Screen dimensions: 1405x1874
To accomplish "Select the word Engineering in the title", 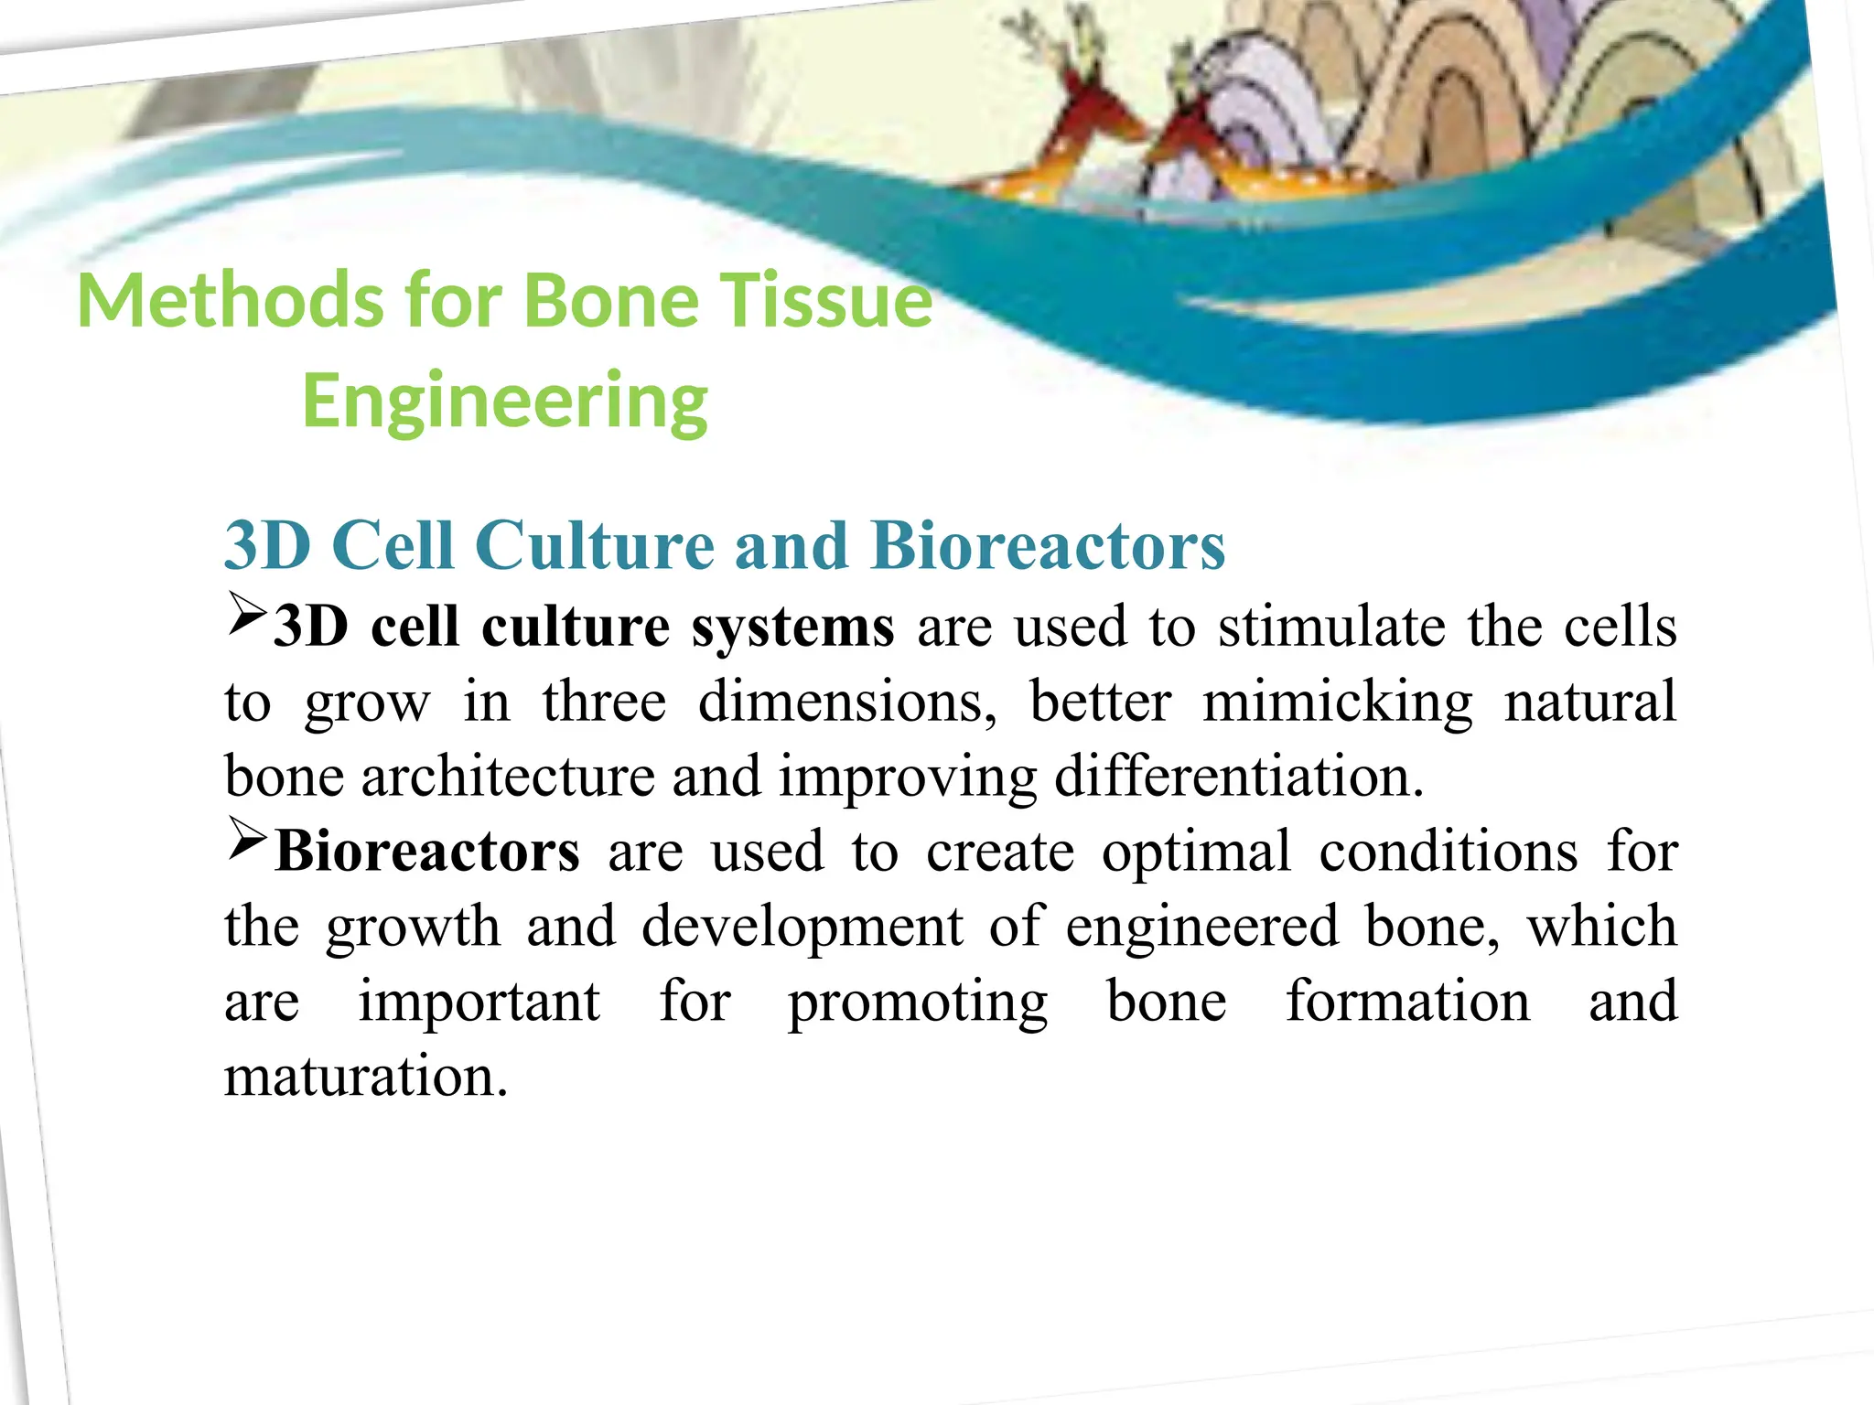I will [505, 402].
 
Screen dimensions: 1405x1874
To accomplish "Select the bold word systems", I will [792, 627].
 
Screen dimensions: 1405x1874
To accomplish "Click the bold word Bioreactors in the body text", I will [426, 852].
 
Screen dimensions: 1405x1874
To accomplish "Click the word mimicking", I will [1337, 702].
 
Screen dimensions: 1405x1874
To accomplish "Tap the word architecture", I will [508, 778].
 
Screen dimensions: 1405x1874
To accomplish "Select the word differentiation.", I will [1239, 778].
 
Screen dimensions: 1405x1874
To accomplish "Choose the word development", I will [802, 928].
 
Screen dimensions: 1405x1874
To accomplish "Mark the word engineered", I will [1202, 928].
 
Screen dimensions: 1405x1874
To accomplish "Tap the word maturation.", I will [365, 1078].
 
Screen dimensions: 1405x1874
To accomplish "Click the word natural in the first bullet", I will [1590, 702].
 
